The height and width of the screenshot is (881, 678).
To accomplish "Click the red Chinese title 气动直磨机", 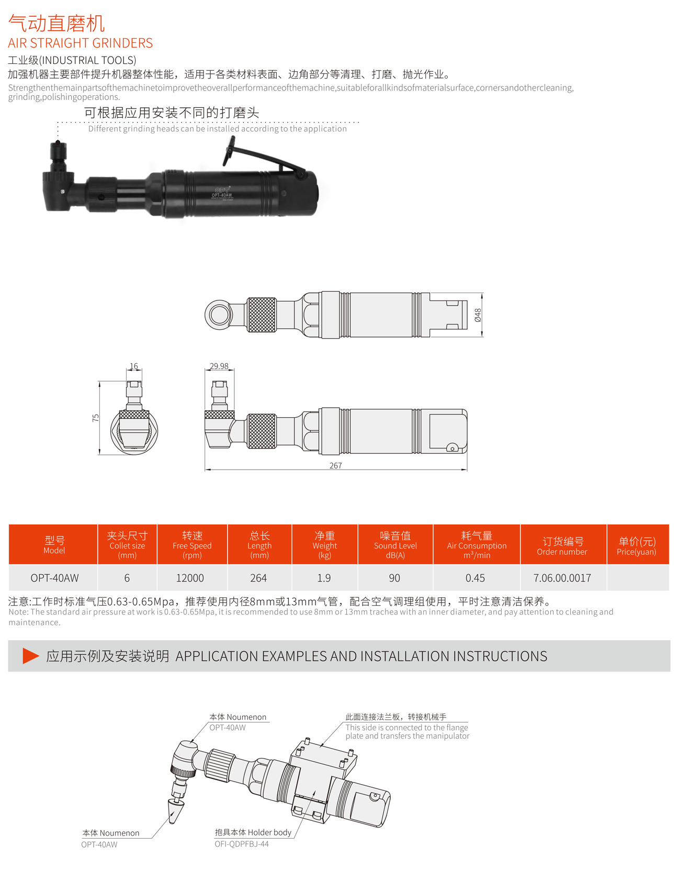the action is coord(56,23).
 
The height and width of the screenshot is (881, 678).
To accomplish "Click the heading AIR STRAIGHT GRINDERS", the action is coord(81,43).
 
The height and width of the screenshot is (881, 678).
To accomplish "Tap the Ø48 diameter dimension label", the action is coord(478,315).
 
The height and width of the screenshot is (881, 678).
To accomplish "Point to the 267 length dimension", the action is coord(336,465).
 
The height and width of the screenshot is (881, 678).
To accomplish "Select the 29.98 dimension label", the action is coord(219,366).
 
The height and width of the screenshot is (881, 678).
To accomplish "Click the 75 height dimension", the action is coord(95,418).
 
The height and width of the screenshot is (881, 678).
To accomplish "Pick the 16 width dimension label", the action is coord(134,366).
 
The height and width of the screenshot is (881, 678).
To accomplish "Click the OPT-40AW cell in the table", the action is coord(54,578).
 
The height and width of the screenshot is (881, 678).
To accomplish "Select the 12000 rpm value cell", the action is coord(190,578).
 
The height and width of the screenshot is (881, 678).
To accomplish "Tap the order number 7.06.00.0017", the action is coord(562,578).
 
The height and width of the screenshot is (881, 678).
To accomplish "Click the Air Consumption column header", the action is coord(477,544).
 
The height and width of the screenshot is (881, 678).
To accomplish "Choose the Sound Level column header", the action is coord(395,544).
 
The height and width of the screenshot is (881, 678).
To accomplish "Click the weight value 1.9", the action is coord(324,578).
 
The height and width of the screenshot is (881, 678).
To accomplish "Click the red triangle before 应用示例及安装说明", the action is coord(30,656).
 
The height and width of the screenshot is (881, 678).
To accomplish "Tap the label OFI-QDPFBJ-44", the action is coord(242,844).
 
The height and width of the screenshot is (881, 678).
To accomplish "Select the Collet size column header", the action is coord(127,544).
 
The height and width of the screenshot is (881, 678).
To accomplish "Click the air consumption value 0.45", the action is coord(475,578).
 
